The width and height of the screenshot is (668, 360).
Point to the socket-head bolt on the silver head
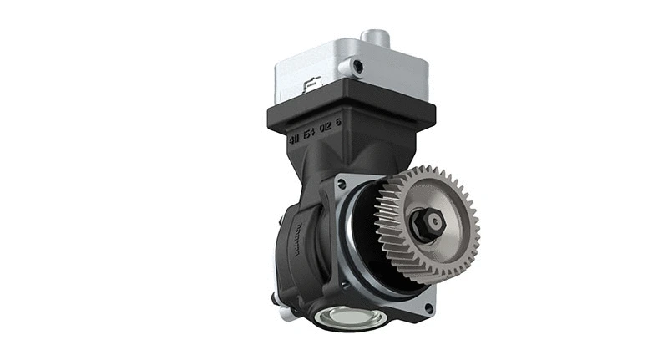[357, 66]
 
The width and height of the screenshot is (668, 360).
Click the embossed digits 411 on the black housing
[295, 139]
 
